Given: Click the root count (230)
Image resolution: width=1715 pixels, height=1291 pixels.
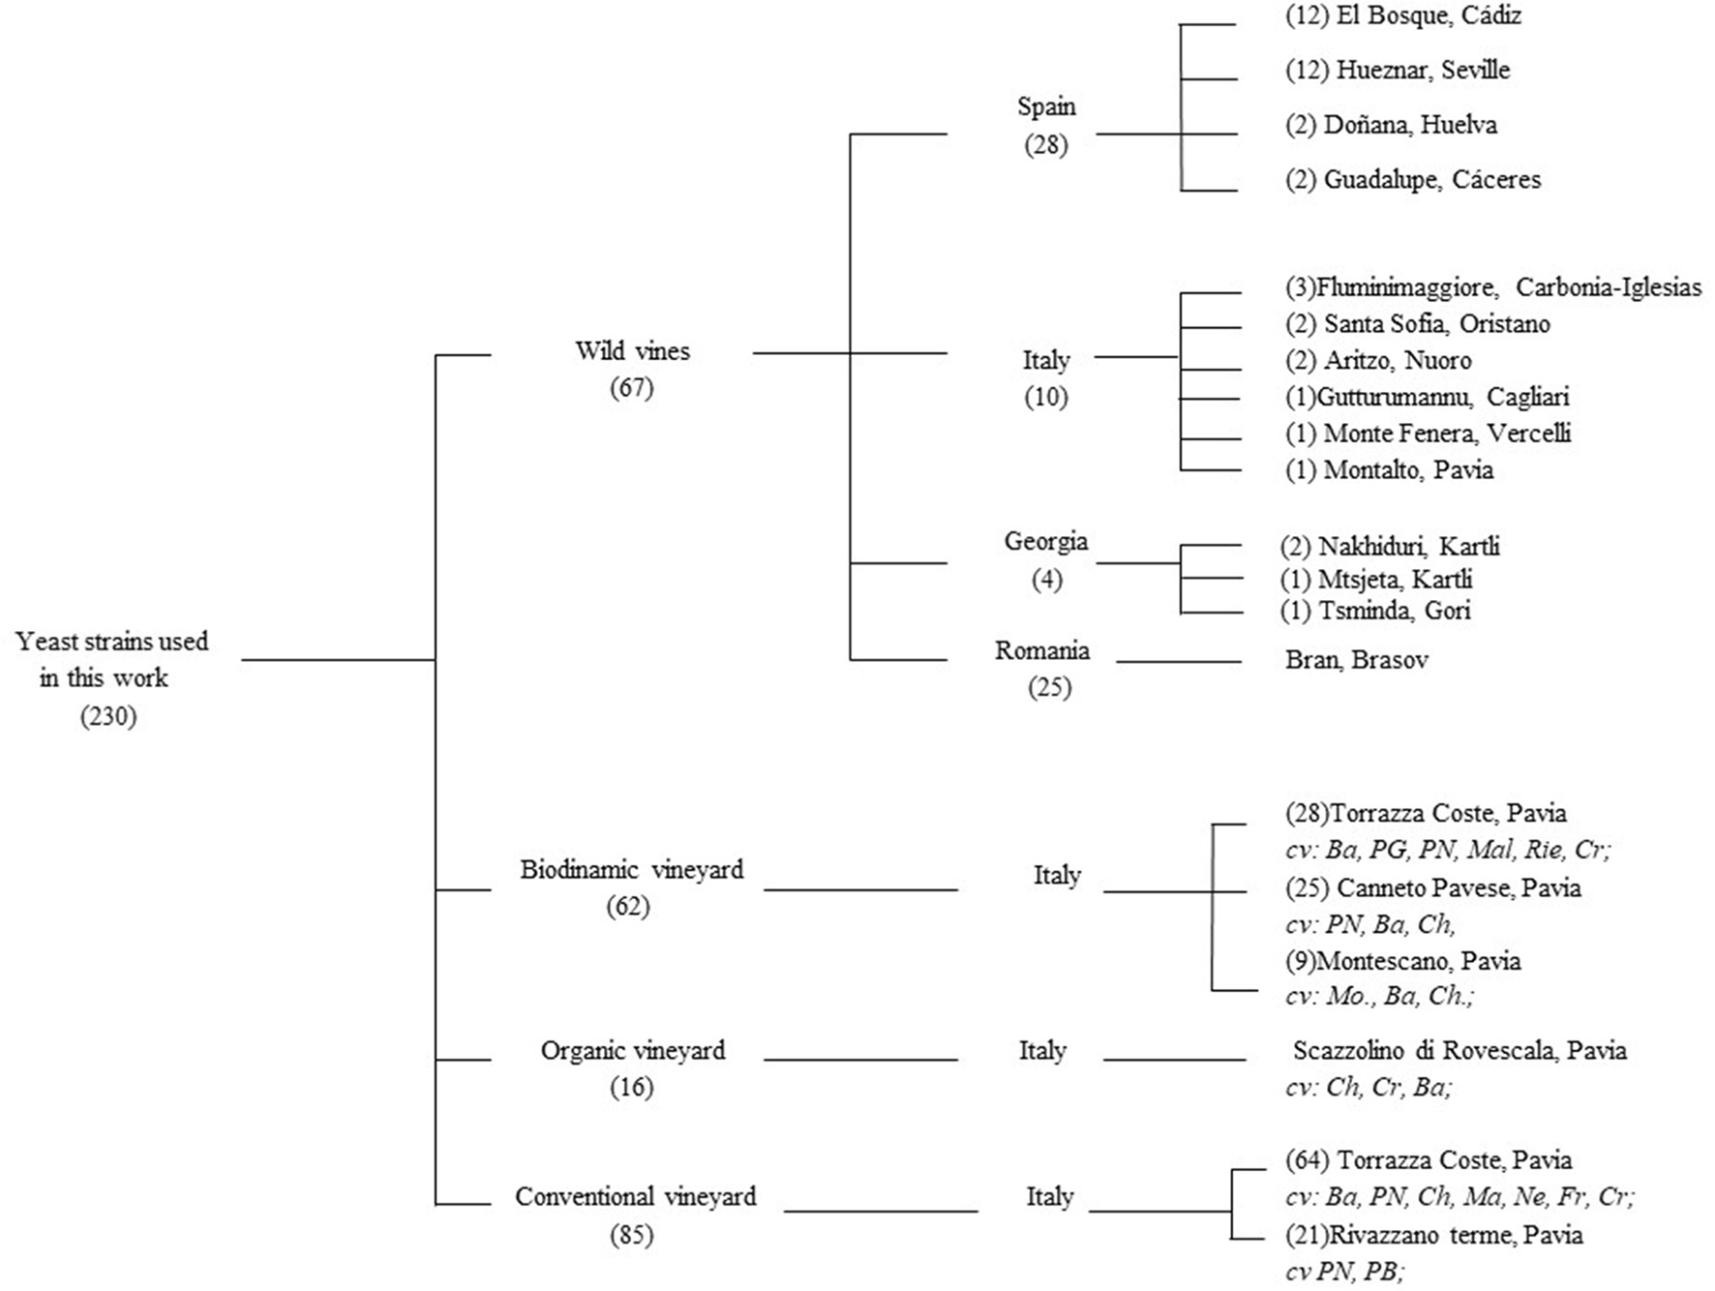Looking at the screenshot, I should pos(108,717).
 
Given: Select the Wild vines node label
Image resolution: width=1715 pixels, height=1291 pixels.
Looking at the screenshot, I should pos(632,350).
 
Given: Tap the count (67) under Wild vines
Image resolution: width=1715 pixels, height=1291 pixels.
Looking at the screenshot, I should pos(632,388).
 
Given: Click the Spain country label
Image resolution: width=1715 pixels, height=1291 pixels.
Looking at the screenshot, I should pos(1046,106).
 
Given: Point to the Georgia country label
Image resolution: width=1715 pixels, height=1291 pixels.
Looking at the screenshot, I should pos(1046,541).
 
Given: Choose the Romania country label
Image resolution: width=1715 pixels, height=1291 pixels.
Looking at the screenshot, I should pos(1042,650).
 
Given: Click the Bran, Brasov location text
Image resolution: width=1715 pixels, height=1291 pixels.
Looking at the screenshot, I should pos(1356,660).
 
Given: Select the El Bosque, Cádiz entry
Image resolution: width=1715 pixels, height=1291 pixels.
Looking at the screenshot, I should pos(1403,15).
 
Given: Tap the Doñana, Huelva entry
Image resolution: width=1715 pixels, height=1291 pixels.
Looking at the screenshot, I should pos(1391,125).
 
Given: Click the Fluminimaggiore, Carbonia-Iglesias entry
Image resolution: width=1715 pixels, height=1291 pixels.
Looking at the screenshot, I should pos(1492,287).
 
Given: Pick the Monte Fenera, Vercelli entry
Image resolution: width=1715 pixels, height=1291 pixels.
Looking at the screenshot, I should pos(1428,433).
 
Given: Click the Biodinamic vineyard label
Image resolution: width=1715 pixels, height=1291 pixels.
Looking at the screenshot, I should pos(632,869).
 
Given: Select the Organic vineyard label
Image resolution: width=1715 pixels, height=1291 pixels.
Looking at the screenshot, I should pos(632,1050).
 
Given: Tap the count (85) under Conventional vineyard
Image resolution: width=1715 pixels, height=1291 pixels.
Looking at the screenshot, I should pos(632,1235).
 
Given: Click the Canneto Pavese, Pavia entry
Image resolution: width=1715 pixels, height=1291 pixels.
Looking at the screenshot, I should pos(1432,887).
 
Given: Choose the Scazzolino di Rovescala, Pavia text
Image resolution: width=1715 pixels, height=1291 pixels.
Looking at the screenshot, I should pos(1459,1050).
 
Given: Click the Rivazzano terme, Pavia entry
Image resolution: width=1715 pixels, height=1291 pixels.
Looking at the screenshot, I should pos(1433,1235).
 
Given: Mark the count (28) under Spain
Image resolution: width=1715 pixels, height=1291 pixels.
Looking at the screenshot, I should pos(1046,145).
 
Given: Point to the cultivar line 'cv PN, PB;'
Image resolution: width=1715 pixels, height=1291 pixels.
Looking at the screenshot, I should pos(1345,1272).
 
